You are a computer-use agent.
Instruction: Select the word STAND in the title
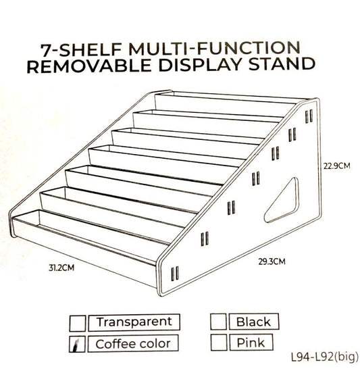pyautogui.click(x=283, y=66)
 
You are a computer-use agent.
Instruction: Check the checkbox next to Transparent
pyautogui.click(x=79, y=322)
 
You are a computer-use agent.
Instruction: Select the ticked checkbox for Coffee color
pyautogui.click(x=79, y=344)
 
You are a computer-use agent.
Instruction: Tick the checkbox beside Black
pyautogui.click(x=217, y=322)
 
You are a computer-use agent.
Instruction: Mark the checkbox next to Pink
pyautogui.click(x=217, y=343)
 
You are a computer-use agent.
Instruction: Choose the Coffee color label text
pyautogui.click(x=132, y=344)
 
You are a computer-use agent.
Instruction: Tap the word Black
pyautogui.click(x=253, y=322)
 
